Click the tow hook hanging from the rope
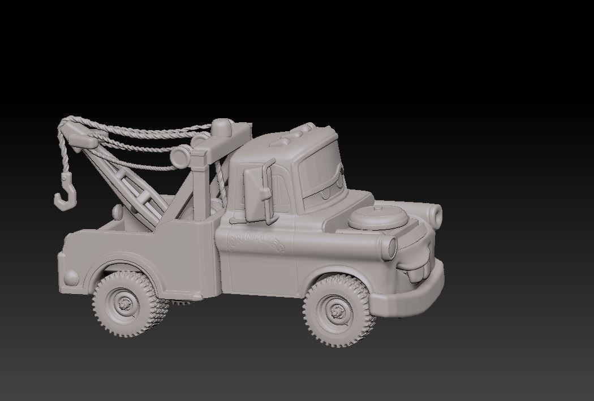(64, 193)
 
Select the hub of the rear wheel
(125, 303)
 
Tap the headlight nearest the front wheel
(390, 247)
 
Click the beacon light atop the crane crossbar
(222, 126)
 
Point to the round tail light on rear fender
(71, 277)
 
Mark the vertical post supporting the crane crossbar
(200, 187)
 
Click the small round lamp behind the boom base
(118, 212)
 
